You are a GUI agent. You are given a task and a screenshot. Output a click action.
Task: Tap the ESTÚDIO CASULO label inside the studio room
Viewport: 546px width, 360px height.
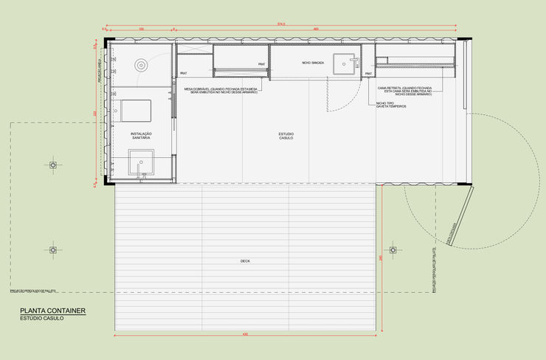[286, 136]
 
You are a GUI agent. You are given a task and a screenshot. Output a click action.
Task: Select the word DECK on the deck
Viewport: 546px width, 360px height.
[245, 261]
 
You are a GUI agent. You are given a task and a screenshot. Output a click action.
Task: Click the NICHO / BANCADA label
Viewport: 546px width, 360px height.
[312, 63]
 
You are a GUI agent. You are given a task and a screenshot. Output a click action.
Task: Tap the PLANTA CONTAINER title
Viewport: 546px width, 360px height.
[52, 311]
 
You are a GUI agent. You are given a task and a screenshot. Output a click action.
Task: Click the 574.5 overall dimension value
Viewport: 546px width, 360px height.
[280, 24]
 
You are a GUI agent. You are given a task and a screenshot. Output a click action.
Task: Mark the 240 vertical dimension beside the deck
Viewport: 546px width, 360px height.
[381, 258]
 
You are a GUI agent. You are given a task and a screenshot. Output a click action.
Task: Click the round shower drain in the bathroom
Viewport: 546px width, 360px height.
[141, 64]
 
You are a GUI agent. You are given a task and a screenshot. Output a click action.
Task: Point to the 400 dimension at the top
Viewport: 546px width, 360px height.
[315, 29]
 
